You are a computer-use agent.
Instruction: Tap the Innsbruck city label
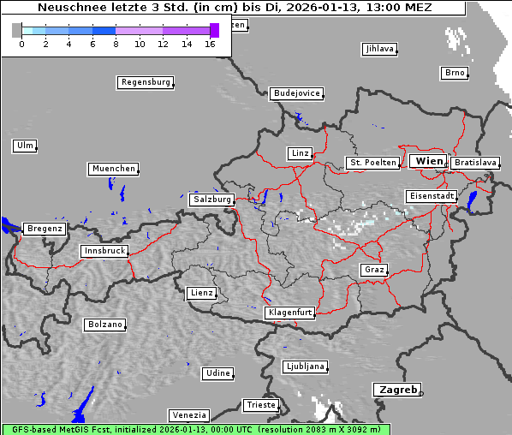click(104, 252)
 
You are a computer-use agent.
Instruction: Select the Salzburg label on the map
click(211, 200)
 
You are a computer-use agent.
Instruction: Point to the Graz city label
click(373, 271)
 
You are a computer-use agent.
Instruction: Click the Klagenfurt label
click(289, 313)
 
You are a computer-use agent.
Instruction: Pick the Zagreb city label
click(396, 390)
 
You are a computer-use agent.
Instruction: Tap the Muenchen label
click(112, 170)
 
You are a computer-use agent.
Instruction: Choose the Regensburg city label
click(145, 83)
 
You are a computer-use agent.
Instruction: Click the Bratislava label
click(474, 162)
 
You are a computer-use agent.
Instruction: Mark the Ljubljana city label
click(304, 366)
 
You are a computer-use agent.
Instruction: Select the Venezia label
click(188, 415)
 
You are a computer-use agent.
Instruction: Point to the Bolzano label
click(104, 325)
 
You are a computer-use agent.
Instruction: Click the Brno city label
click(454, 73)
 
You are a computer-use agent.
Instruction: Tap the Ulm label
click(25, 146)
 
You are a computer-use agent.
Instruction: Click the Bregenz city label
click(45, 229)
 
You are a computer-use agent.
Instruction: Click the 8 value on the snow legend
click(116, 44)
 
